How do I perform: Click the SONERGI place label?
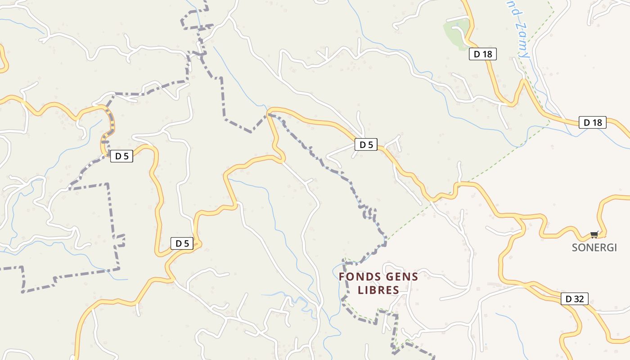coord(594,247)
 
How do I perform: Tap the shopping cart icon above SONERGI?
coord(594,234)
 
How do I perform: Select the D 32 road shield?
coord(575,298)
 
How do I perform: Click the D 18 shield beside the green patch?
coord(483,54)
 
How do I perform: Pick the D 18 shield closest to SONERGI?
coord(593,122)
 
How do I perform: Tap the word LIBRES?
coord(378,290)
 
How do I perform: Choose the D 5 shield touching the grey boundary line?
coord(121,156)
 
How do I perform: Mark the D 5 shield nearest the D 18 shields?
coord(366,145)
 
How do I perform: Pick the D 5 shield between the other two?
coord(182,243)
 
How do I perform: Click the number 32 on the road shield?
coord(579,298)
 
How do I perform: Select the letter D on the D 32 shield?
coord(568,298)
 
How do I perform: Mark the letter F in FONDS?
coord(342,277)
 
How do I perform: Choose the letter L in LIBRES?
coord(360,290)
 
